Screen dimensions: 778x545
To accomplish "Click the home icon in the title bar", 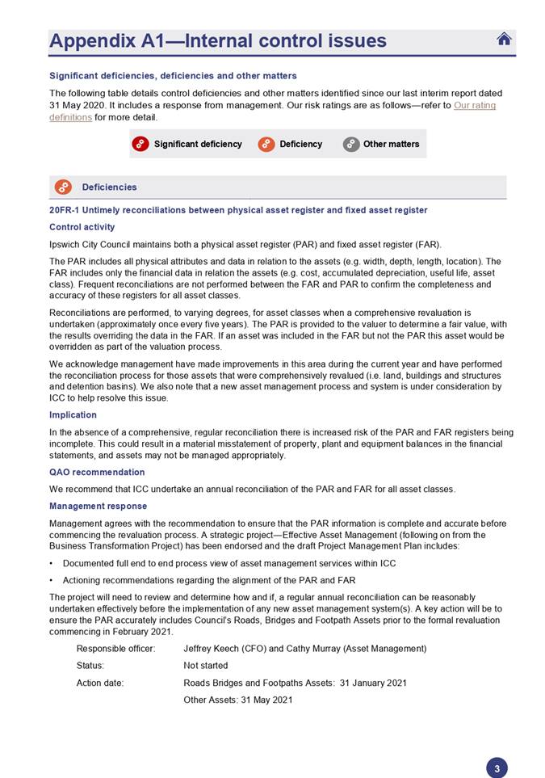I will click(504, 39).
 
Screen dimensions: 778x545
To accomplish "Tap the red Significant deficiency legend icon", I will click(140, 144).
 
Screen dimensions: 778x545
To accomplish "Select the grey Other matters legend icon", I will click(350, 144).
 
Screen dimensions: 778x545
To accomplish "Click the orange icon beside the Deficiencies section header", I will click(63, 187).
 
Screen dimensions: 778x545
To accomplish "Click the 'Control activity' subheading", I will click(82, 227).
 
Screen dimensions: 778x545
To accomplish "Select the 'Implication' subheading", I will click(73, 415).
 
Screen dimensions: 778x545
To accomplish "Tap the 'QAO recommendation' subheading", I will click(97, 472).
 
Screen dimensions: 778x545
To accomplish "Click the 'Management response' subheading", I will click(98, 506).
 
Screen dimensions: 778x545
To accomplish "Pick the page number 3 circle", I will click(497, 768).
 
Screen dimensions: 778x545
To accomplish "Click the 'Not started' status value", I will click(206, 666).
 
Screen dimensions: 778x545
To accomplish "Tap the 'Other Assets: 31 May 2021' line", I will click(237, 700).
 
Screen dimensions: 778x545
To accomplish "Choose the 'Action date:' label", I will click(100, 683).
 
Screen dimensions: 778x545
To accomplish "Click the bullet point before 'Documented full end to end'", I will click(52, 563).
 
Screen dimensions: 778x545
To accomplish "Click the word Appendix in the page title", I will click(91, 41).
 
